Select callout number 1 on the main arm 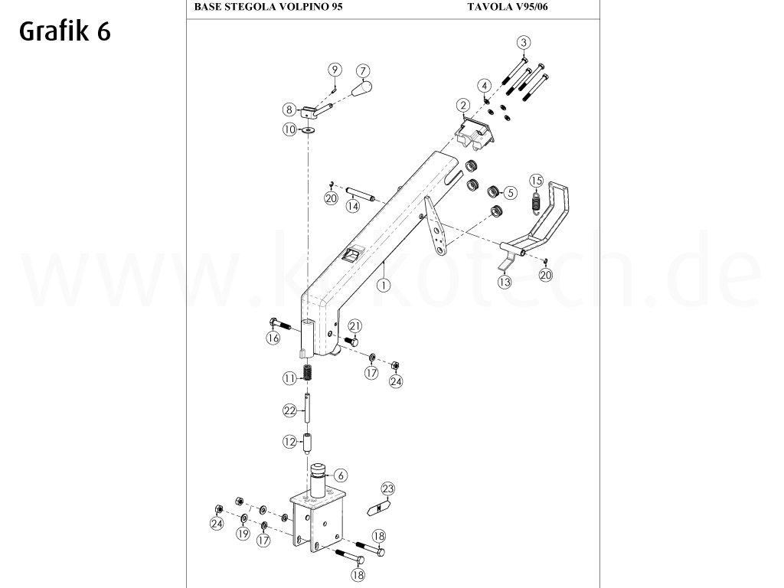381,283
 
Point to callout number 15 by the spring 537,181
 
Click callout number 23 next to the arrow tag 387,488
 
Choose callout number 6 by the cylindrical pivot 341,475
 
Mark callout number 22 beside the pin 289,411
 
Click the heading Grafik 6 65,32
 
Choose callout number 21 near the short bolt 354,326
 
